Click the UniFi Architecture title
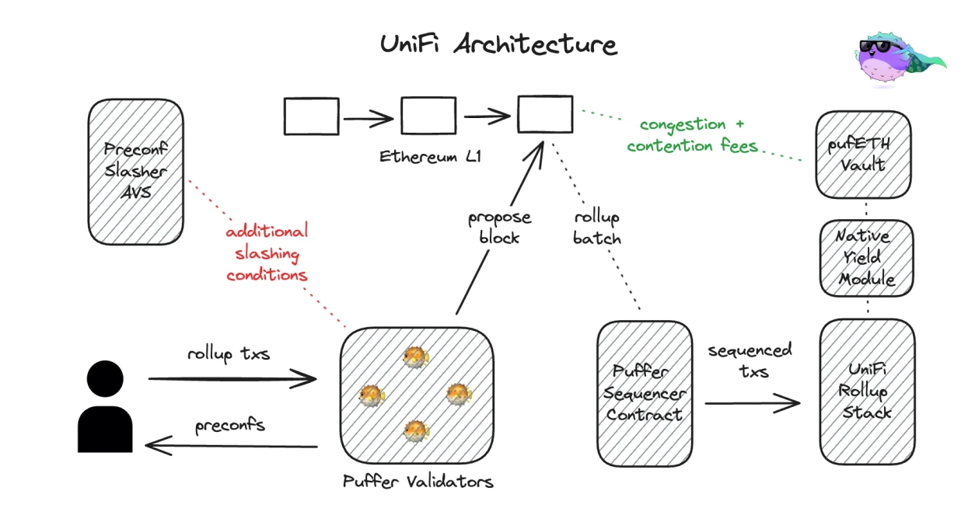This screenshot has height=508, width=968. click(x=498, y=44)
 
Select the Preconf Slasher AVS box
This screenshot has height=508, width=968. click(x=136, y=169)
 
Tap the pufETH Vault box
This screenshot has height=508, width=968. click(x=863, y=154)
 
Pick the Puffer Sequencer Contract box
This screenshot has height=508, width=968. click(x=645, y=392)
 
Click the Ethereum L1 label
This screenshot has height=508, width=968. click(x=430, y=157)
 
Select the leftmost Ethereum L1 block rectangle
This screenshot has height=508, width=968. click(x=311, y=117)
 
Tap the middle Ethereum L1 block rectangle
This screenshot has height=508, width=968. click(x=428, y=117)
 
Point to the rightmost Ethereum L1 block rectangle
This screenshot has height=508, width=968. click(x=545, y=115)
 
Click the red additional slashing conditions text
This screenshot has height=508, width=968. click(x=267, y=253)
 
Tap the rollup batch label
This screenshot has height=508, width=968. click(x=597, y=228)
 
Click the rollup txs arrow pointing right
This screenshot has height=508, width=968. click(x=231, y=379)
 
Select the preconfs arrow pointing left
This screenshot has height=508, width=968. click(x=231, y=446)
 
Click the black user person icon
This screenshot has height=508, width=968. click(x=105, y=408)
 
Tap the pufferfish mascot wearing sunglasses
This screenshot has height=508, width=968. click(x=894, y=57)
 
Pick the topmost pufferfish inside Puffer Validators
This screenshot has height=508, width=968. click(x=415, y=357)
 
